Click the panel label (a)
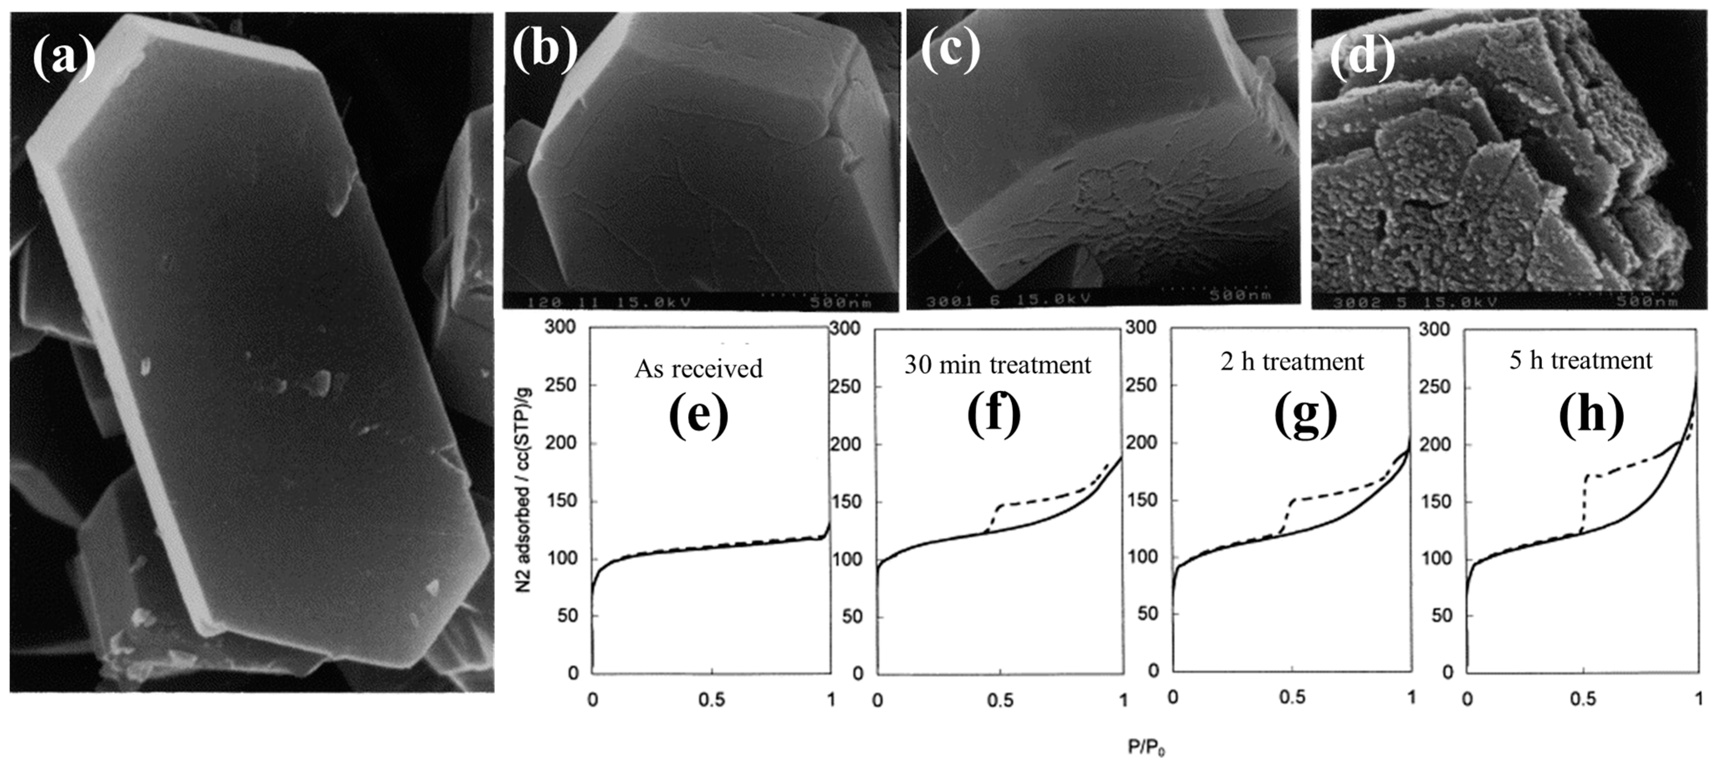click(x=64, y=57)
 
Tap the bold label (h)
click(x=1591, y=415)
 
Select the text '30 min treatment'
click(x=997, y=365)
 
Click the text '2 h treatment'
click(x=1292, y=362)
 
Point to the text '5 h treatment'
click(x=1581, y=360)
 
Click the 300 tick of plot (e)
click(x=560, y=327)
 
